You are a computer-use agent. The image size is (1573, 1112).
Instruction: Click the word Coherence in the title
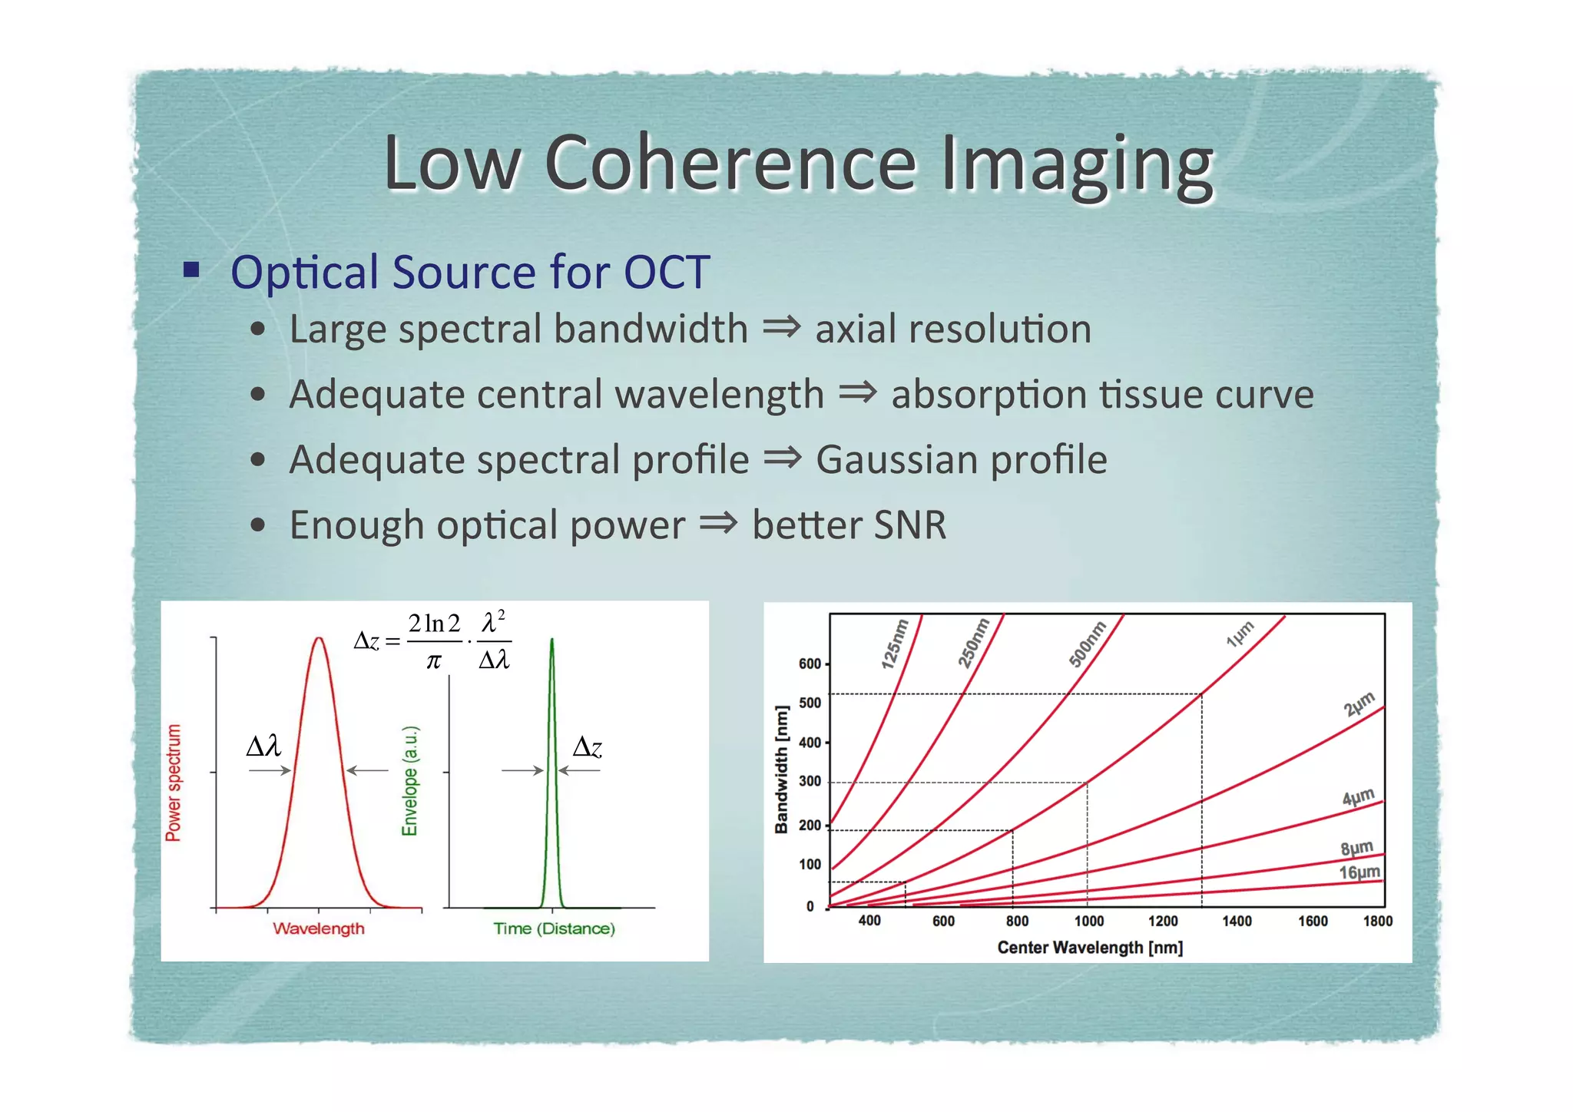pos(730,164)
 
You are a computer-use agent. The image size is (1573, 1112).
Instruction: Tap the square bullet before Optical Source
pos(191,270)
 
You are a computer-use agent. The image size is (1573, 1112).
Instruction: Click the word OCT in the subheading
pos(666,272)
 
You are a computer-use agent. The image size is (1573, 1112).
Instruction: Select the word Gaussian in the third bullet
pos(896,460)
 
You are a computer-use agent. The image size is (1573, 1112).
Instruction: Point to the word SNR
pos(909,525)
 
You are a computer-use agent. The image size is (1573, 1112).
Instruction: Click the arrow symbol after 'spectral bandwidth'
pos(781,328)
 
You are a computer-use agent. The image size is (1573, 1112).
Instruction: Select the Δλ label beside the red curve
pos(263,746)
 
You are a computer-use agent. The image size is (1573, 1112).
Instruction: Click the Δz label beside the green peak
pos(588,746)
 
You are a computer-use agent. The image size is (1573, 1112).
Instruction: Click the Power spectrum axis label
pos(174,783)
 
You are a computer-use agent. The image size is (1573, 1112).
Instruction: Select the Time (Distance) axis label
pos(554,928)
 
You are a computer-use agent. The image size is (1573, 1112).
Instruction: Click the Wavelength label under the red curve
pos(319,928)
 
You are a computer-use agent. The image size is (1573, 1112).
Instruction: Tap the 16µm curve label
pos(1359,872)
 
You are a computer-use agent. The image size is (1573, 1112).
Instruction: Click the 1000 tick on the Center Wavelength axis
pos(1088,921)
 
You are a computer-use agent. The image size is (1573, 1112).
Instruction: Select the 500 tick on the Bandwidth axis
pos(810,703)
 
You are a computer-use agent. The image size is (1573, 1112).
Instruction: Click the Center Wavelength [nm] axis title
pos(1089,948)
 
